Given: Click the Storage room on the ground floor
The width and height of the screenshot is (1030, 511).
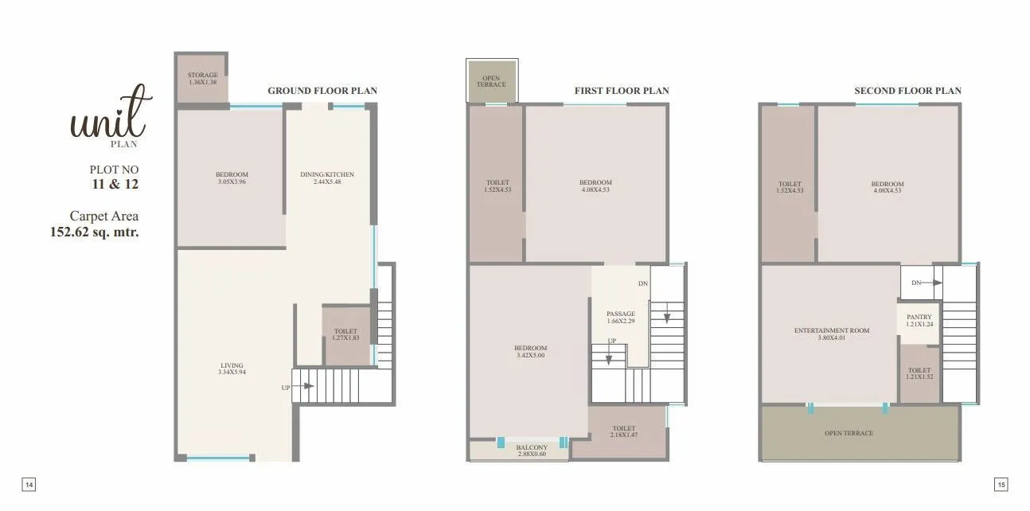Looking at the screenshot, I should click(202, 78).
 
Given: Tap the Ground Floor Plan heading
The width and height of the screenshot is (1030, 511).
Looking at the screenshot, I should click(322, 91).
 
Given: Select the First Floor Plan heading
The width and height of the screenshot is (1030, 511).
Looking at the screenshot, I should click(622, 91).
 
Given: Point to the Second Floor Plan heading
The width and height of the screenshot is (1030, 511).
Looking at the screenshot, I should click(907, 91).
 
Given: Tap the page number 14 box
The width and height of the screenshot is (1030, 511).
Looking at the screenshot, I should click(29, 484).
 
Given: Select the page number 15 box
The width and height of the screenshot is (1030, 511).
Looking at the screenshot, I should click(1001, 484).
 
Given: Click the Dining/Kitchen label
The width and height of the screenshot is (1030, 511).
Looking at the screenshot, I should click(327, 174).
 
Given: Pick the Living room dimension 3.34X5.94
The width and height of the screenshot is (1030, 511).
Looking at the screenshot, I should click(232, 372).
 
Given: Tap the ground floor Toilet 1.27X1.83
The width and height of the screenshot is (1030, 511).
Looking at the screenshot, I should click(345, 334).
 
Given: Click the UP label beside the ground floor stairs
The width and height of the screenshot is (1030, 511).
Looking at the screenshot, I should click(286, 388).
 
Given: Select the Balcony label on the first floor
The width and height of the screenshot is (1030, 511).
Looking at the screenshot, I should click(532, 448).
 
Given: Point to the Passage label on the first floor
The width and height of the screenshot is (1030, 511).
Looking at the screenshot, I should click(620, 314).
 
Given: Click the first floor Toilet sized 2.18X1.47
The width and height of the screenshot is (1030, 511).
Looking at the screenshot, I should click(624, 432).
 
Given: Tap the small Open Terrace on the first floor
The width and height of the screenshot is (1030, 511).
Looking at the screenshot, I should click(491, 81).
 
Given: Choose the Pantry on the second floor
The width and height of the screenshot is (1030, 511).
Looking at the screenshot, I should click(919, 320).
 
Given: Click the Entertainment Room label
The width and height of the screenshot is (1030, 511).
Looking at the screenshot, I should click(831, 330).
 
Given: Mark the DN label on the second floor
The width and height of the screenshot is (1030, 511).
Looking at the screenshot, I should click(916, 283).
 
